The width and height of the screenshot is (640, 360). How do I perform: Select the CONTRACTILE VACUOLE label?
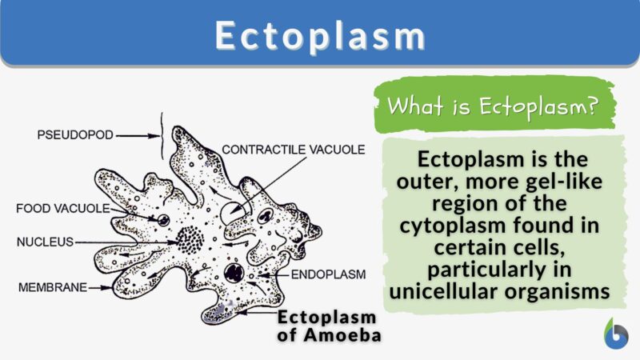click(293, 150)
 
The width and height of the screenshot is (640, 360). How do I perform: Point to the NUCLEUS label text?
click(45, 240)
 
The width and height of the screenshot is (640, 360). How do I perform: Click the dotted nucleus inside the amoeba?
click(191, 238)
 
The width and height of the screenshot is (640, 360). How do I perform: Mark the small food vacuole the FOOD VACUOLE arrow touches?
click(163, 219)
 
